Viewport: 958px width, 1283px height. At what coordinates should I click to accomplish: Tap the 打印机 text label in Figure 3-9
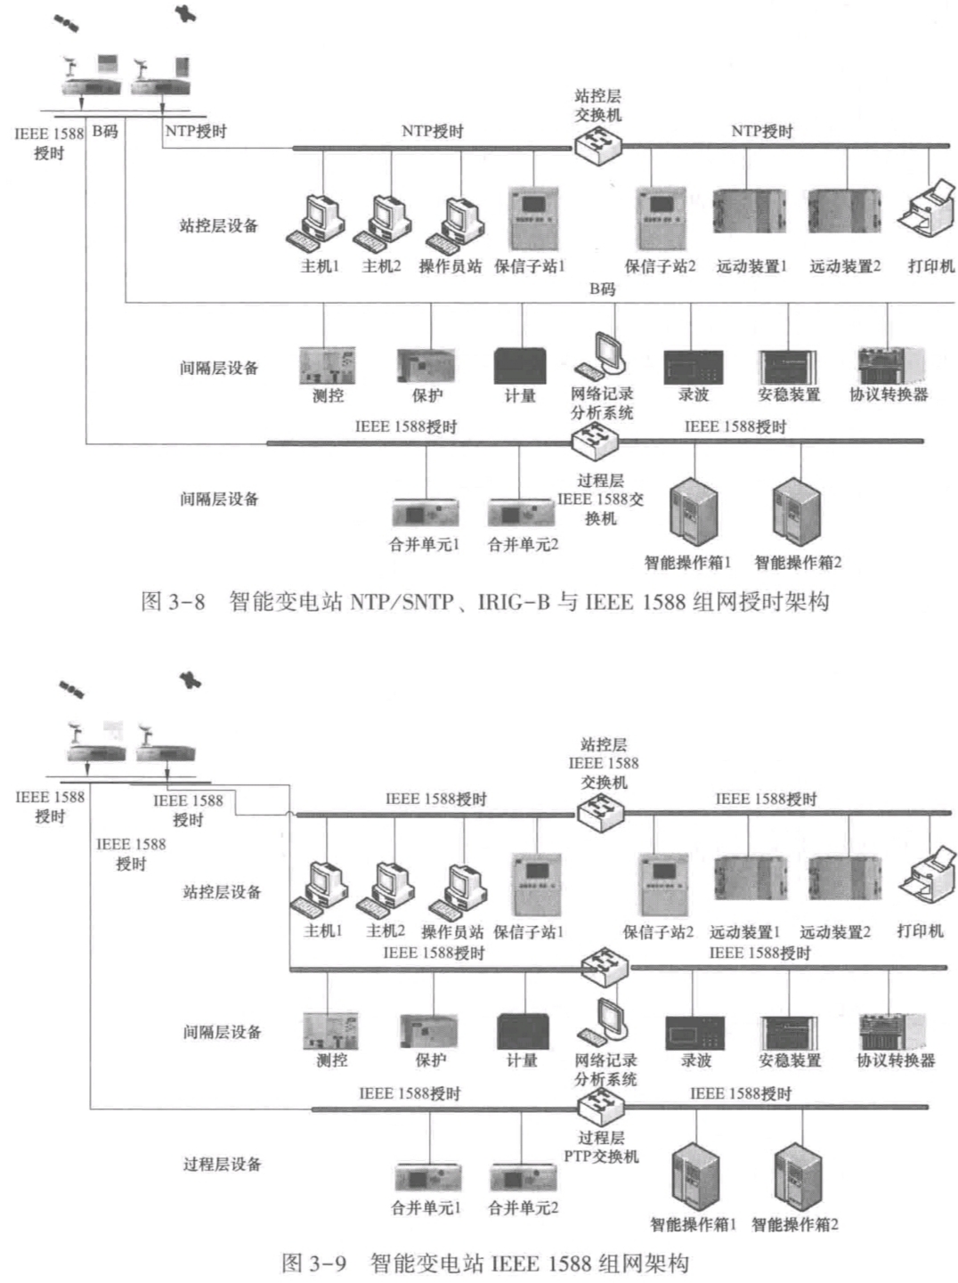pos(920,931)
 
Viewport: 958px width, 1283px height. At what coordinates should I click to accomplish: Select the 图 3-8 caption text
pos(485,602)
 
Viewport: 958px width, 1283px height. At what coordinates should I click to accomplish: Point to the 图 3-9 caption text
pos(485,1263)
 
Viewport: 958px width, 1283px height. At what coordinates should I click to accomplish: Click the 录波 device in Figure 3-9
pos(695,1032)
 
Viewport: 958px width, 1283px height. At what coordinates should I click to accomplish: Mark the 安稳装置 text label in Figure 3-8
pos(789,394)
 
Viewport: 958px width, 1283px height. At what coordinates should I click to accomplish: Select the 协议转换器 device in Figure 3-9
pos(893,1032)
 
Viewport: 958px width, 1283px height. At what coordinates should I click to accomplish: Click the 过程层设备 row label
pos(223,1165)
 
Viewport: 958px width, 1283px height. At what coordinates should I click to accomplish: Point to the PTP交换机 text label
pos(601,1157)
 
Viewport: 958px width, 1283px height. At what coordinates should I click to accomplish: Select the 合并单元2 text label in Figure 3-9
pos(524,1208)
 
